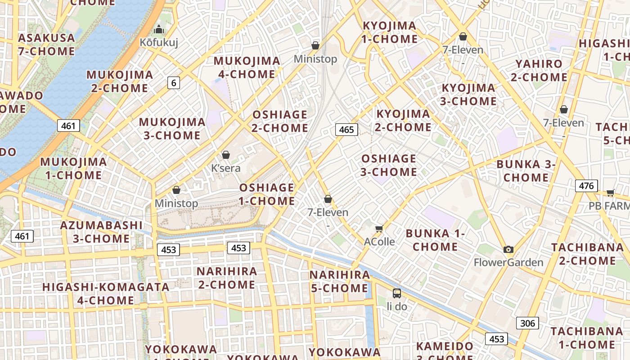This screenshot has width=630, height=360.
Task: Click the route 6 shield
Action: pyautogui.click(x=174, y=82)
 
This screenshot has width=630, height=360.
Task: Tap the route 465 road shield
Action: pyautogui.click(x=346, y=130)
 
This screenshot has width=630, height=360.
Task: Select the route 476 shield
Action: pyautogui.click(x=586, y=185)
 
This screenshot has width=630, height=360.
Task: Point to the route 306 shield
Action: pyautogui.click(x=527, y=323)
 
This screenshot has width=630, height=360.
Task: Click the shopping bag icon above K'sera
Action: pyautogui.click(x=226, y=155)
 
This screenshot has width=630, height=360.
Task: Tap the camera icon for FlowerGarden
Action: pyautogui.click(x=508, y=249)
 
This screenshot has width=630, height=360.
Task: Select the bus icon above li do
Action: pyautogui.click(x=397, y=293)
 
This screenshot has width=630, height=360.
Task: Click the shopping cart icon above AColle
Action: pyautogui.click(x=379, y=229)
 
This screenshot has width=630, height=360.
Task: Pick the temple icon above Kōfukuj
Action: pyautogui.click(x=158, y=30)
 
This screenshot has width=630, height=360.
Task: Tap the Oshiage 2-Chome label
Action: pyautogui.click(x=280, y=121)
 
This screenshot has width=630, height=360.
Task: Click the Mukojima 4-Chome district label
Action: pyautogui.click(x=247, y=67)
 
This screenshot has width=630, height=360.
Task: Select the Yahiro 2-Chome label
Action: pyautogui.click(x=539, y=71)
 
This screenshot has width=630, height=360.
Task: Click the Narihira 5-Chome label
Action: pyautogui.click(x=340, y=281)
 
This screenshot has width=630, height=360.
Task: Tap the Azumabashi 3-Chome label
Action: pyautogui.click(x=101, y=232)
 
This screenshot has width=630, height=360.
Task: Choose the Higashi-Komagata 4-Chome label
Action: pyautogui.click(x=106, y=293)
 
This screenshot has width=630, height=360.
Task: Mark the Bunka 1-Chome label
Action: pyautogui.click(x=435, y=240)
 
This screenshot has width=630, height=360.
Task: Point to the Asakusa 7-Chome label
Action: pyautogui.click(x=46, y=45)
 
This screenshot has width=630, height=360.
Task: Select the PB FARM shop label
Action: pyautogui.click(x=609, y=206)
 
